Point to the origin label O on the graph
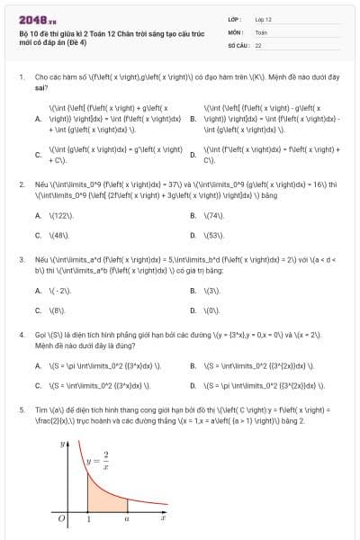click(59, 517)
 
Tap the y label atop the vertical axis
click(62, 444)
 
